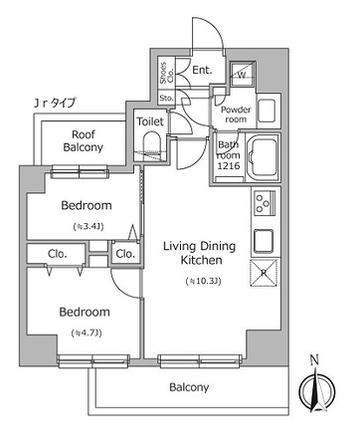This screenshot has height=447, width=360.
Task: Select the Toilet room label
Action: (150, 120)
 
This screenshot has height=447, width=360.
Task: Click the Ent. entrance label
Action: (201, 71)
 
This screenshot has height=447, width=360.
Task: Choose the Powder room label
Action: (235, 114)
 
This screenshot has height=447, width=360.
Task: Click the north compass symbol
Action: (315, 389)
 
